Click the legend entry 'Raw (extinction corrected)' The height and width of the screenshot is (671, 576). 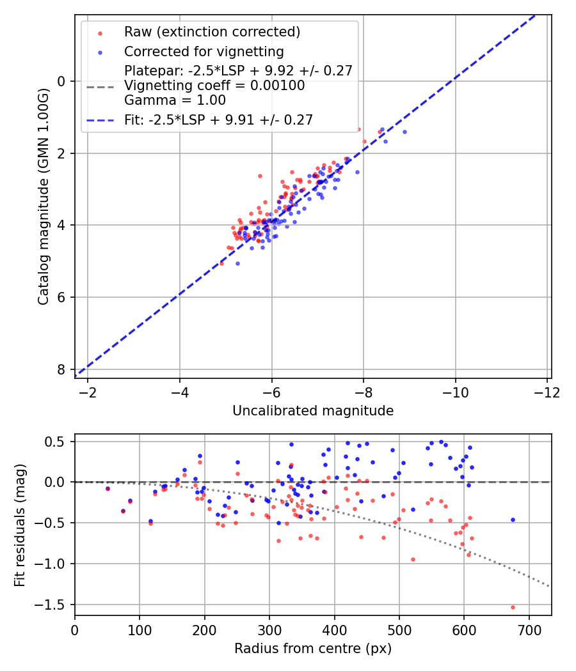point(212,32)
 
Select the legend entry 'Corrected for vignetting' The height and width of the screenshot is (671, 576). point(204,51)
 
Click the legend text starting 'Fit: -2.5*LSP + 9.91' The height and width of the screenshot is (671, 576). point(218,120)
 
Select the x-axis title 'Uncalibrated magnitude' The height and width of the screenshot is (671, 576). point(313,410)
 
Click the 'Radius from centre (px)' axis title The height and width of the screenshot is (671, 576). point(313,649)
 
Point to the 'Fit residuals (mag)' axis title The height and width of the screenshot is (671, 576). point(20,525)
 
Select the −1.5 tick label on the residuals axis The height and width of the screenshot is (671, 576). point(54,605)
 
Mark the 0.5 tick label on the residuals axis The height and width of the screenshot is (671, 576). point(58,442)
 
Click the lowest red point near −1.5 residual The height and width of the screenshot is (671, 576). point(513,607)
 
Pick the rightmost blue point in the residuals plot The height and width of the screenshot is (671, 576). point(513,520)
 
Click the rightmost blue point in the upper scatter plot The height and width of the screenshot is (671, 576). point(404,132)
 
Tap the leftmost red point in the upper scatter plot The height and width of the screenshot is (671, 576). point(221,263)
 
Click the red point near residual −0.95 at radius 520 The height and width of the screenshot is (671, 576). point(413,559)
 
